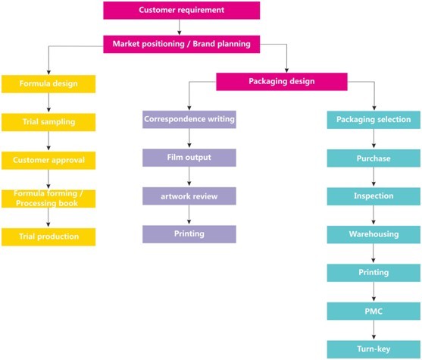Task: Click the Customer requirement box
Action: [x=182, y=11]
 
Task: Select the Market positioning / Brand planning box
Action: [x=182, y=44]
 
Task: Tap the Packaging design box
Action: [x=282, y=82]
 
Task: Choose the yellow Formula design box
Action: [x=48, y=84]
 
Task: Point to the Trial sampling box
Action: [x=48, y=122]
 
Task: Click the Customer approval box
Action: [x=48, y=161]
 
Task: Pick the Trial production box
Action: [x=48, y=237]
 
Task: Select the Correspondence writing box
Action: [x=189, y=119]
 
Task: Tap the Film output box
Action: [x=189, y=158]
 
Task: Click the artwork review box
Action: [x=189, y=196]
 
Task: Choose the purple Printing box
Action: [x=189, y=234]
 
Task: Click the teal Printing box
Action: [x=374, y=273]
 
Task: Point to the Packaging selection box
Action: [x=374, y=120]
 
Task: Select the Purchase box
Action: [x=374, y=158]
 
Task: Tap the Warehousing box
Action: [x=374, y=235]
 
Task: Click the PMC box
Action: [x=374, y=311]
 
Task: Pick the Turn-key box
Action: [x=374, y=349]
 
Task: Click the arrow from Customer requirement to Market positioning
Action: [x=180, y=27]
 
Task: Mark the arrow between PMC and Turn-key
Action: [x=374, y=330]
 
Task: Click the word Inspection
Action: [x=374, y=196]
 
